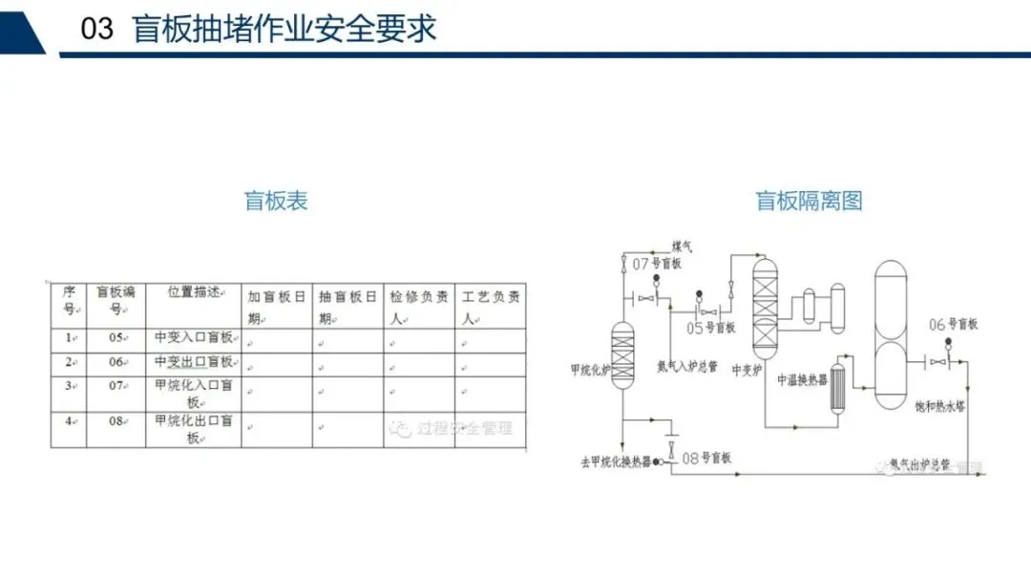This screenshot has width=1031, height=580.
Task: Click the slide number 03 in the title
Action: click(97, 29)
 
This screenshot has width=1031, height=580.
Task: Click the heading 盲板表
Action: click(276, 201)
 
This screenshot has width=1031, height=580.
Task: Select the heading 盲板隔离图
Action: click(810, 201)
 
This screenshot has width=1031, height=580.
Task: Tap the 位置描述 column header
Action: click(193, 291)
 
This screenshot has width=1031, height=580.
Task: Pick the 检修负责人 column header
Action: click(419, 306)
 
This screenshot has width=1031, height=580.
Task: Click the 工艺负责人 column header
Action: click(491, 306)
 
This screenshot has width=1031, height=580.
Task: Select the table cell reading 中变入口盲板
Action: click(193, 338)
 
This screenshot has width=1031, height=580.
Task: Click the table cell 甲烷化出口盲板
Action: click(193, 429)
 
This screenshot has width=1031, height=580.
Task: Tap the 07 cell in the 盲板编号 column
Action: click(116, 386)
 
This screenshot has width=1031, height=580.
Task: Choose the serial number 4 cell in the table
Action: click(69, 421)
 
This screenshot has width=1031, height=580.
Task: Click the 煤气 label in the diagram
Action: click(682, 247)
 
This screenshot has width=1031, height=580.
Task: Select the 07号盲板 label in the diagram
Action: click(658, 264)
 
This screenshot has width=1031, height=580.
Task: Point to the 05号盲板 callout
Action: click(711, 328)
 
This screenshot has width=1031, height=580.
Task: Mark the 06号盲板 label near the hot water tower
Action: click(953, 325)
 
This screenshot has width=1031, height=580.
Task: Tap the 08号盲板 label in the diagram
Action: click(706, 459)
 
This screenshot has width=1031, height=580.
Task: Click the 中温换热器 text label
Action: click(802, 380)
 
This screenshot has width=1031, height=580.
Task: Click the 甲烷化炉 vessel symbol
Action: click(622, 354)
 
